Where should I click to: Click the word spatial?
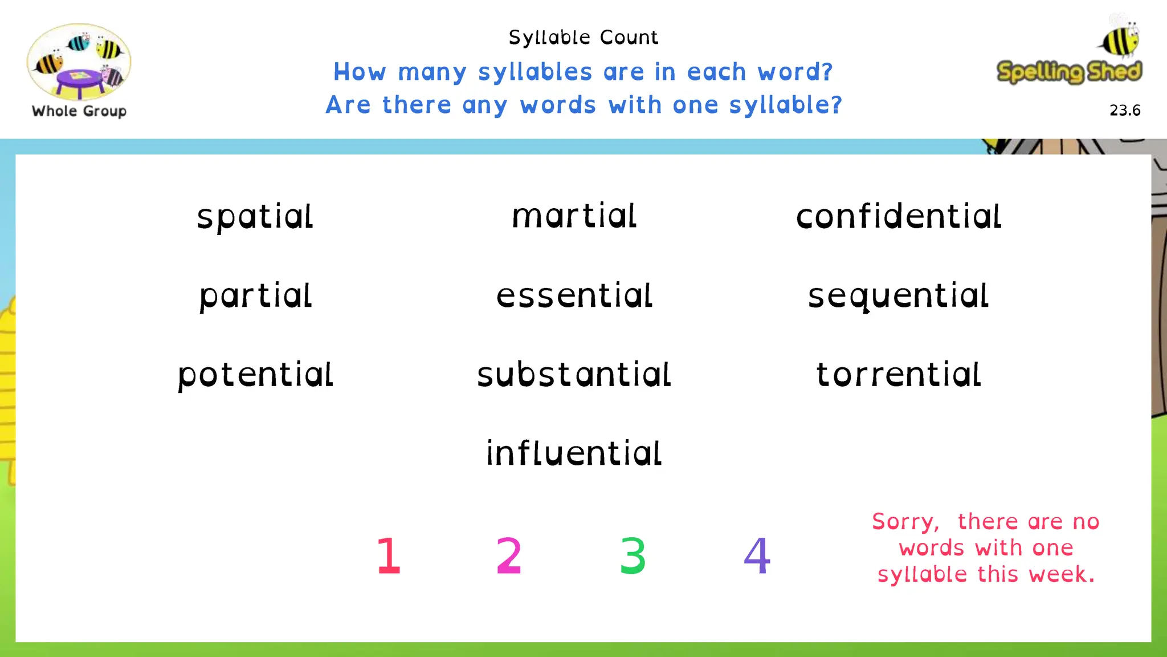[x=255, y=217]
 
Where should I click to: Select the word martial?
[x=574, y=216]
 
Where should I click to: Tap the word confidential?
[x=899, y=217]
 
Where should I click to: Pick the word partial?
[x=256, y=296]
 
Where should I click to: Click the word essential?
[x=574, y=295]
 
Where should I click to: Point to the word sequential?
[x=898, y=296]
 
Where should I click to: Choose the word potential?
[x=255, y=375]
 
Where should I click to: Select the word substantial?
[x=574, y=375]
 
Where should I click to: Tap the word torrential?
[x=899, y=375]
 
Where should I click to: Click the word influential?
[x=574, y=453]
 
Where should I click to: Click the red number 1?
[x=389, y=555]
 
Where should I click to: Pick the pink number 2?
[x=509, y=555]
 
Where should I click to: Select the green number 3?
[x=633, y=555]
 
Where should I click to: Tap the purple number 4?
[x=757, y=555]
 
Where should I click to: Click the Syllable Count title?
[x=583, y=38]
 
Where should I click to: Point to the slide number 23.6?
[x=1125, y=110]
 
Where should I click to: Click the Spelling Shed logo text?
[x=1069, y=72]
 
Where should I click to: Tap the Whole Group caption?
[x=79, y=111]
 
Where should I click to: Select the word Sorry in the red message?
[x=905, y=522]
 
